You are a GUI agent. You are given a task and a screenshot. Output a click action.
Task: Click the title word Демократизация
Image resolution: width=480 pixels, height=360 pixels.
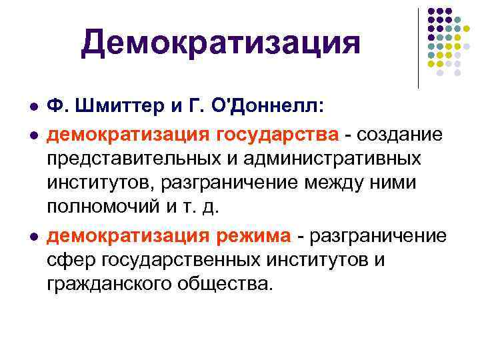221,43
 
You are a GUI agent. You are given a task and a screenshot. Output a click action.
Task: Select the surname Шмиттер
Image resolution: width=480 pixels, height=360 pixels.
113,107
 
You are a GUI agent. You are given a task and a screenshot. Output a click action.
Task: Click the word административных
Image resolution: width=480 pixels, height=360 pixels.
335,159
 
